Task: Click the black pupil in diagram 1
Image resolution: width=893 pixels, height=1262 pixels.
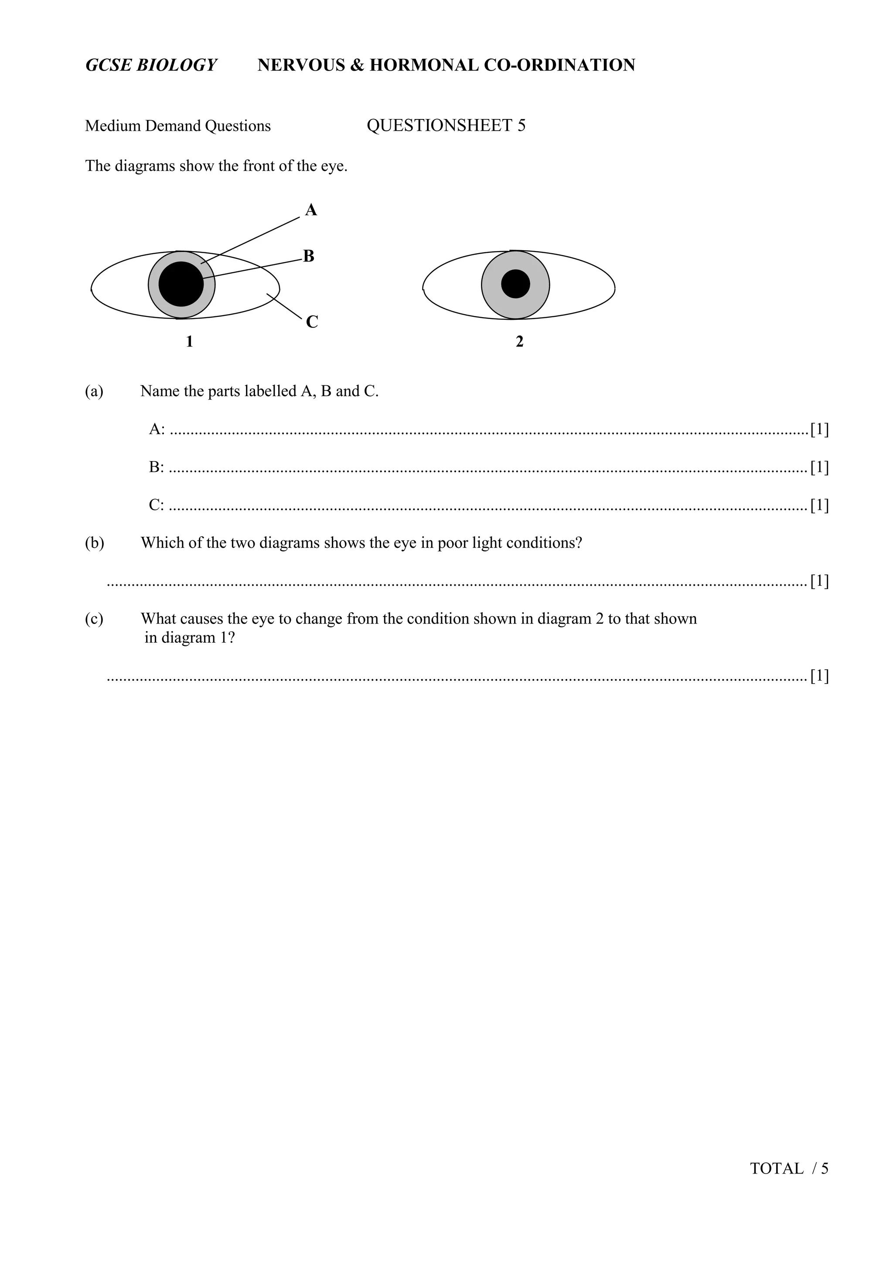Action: click(x=181, y=284)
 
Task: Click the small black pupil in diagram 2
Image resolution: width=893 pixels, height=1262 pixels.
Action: click(x=515, y=284)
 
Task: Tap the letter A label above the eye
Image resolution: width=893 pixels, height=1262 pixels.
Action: click(x=311, y=210)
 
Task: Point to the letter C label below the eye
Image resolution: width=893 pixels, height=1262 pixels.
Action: click(x=312, y=322)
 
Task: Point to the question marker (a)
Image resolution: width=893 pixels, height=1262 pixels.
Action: click(x=94, y=391)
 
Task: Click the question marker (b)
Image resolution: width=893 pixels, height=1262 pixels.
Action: click(x=94, y=543)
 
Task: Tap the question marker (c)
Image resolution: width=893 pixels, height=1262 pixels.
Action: click(x=94, y=618)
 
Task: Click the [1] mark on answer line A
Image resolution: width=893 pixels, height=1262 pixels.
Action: click(x=819, y=429)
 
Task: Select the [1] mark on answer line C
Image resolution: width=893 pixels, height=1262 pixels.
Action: click(x=819, y=505)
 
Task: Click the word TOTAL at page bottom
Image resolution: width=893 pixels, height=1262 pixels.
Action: click(x=777, y=1184)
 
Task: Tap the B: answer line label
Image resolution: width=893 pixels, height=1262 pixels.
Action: click(x=156, y=467)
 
